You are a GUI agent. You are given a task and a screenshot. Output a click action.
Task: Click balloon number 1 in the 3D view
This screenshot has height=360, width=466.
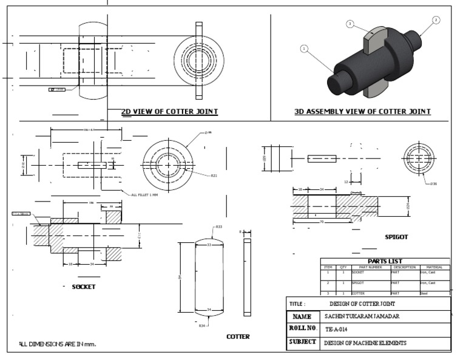[x=304, y=49]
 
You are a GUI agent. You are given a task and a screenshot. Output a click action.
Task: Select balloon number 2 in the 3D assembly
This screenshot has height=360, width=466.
[x=436, y=20]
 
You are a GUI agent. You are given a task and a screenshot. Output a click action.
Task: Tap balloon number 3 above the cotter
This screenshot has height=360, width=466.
[x=350, y=24]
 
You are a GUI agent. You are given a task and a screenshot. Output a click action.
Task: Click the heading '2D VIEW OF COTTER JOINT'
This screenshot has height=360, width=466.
[x=170, y=112]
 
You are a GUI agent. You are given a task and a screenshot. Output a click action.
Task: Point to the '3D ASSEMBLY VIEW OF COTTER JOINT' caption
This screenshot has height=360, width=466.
[x=362, y=112]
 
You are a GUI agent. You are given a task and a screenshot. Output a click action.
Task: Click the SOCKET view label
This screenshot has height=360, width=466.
[x=84, y=287]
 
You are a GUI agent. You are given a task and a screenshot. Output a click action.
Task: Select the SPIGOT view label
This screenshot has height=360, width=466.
[x=396, y=237]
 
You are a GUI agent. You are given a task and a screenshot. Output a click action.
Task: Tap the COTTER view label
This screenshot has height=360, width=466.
[x=238, y=336]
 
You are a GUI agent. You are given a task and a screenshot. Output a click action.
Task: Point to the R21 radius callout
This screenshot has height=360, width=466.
[x=214, y=175]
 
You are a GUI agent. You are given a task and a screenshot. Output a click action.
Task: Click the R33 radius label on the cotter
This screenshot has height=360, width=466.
[x=218, y=227]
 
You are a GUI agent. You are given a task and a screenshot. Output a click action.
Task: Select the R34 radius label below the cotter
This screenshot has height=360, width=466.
[x=202, y=326]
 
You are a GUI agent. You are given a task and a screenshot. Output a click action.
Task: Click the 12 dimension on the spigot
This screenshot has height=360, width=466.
[x=345, y=182]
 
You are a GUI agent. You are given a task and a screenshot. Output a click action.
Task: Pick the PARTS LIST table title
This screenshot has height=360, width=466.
[x=385, y=261]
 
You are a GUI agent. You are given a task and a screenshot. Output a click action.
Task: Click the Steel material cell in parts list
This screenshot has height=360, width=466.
[x=424, y=293]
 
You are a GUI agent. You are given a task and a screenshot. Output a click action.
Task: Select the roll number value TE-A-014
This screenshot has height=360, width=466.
[x=338, y=329]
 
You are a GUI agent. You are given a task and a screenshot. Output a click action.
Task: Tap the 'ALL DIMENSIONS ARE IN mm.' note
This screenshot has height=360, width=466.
[x=57, y=344]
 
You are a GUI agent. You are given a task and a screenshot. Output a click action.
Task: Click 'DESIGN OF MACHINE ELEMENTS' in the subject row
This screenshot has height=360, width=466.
[x=365, y=343]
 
